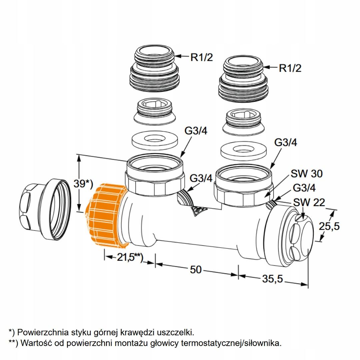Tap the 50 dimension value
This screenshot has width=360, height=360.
pyautogui.click(x=196, y=270)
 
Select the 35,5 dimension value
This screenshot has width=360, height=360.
pyautogui.click(x=273, y=279)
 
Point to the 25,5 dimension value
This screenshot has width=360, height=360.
pyautogui.click(x=329, y=226)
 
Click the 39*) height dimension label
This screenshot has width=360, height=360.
pyautogui.click(x=83, y=183)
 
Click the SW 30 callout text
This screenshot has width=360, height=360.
pyautogui.click(x=307, y=174)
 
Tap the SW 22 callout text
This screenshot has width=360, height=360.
pyautogui.click(x=309, y=203)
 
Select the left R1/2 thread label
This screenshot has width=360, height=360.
pyautogui.click(x=202, y=57)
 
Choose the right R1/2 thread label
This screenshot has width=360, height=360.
pyautogui.click(x=290, y=68)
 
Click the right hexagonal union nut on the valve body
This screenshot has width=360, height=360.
pyautogui.click(x=243, y=186)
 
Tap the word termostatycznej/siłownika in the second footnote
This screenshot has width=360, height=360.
pyautogui.click(x=231, y=343)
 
